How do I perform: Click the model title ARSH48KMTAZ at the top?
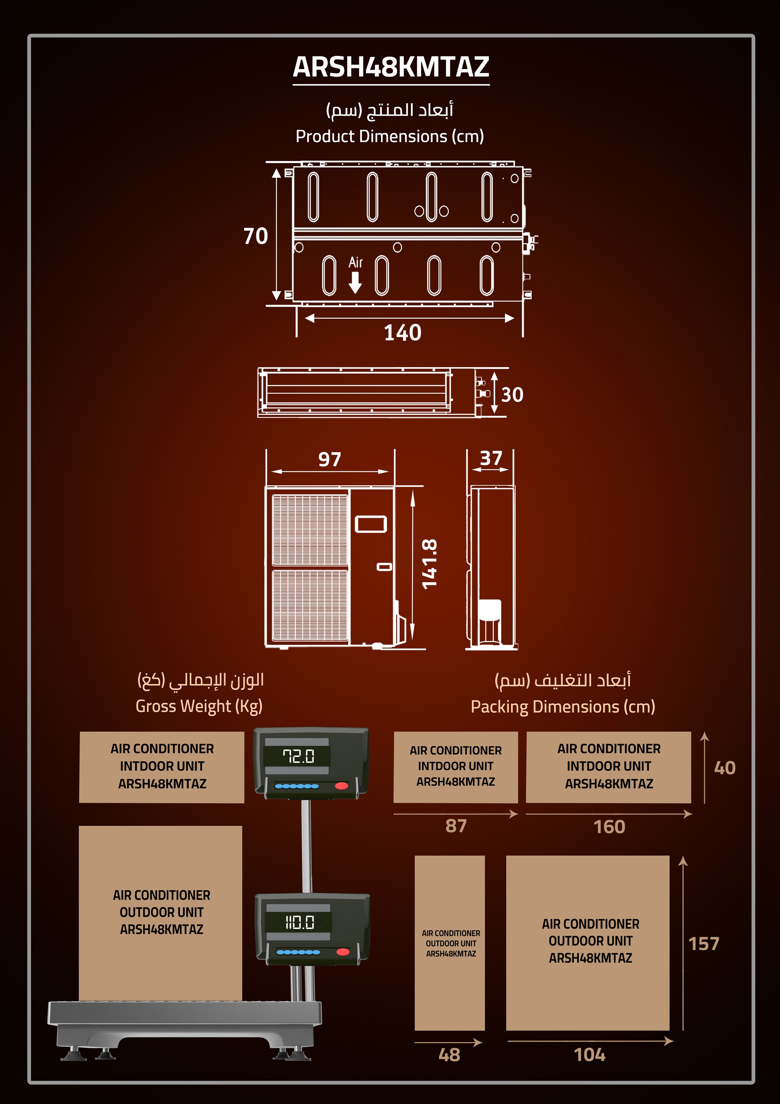coord(391,67)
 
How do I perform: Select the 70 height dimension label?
coord(256,236)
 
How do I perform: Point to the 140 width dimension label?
coord(403,333)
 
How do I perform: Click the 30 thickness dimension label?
coord(512,395)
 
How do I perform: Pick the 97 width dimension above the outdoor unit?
coord(330,459)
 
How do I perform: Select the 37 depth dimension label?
coord(491,458)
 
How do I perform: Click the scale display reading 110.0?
coord(299,922)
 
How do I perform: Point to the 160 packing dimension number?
coord(610,827)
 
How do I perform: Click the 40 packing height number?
coord(725,768)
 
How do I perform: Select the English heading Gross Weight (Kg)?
coord(199,706)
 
